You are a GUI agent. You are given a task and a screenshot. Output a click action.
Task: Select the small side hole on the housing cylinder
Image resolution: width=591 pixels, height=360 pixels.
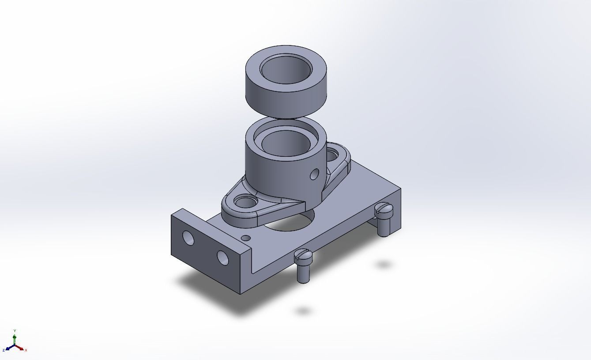coord(314,174)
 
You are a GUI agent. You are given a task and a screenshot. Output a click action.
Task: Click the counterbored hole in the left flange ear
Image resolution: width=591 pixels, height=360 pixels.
coord(243,203)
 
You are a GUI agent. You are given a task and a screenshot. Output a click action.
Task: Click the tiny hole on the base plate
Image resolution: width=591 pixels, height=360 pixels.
coord(246,238)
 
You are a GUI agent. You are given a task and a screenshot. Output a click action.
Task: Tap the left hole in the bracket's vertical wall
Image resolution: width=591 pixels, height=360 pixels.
coord(188,238)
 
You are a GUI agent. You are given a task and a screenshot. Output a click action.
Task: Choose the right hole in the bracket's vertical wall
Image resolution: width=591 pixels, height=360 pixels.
coord(222,258)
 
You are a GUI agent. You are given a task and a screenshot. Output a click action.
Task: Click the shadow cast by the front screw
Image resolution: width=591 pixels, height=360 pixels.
coord(303,311)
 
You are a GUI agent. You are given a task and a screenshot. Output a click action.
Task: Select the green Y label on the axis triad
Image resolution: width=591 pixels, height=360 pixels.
coord(15,330)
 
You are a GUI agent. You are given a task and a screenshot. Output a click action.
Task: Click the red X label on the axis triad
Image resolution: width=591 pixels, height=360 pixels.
coord(26,350)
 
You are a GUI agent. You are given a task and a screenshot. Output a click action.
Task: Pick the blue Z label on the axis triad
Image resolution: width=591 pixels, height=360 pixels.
coord(4,350)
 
